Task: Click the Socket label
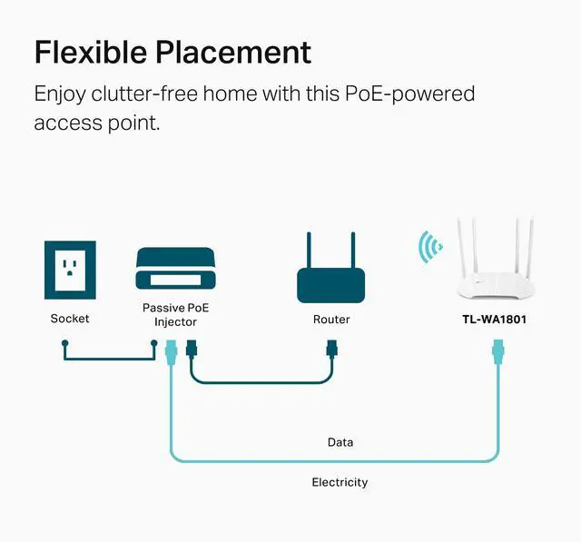(x=70, y=319)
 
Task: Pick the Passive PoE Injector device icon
(x=175, y=270)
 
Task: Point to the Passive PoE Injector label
(x=175, y=315)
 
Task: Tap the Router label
(x=331, y=320)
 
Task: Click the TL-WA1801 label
(x=496, y=320)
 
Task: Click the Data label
(x=340, y=442)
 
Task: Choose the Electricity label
(x=340, y=482)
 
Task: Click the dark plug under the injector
(x=191, y=349)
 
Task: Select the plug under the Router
(x=331, y=348)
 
